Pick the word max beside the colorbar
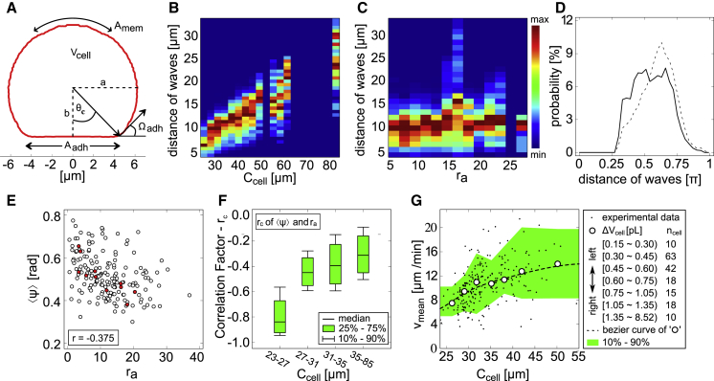click(x=546, y=19)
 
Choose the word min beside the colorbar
click(x=546, y=155)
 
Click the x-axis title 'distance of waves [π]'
click(x=636, y=185)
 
